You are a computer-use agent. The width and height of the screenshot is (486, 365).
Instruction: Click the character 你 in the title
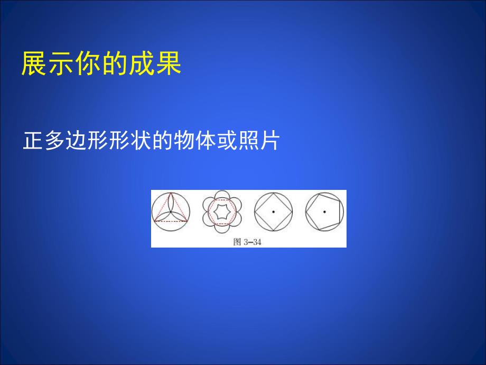87,64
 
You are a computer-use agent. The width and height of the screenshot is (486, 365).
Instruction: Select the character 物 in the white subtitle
183,141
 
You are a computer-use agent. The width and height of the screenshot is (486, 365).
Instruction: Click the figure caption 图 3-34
248,243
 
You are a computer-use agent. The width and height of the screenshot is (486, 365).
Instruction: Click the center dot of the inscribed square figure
273,212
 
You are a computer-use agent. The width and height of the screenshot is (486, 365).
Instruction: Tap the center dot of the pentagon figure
324,212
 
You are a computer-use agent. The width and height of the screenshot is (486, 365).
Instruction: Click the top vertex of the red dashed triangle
170,194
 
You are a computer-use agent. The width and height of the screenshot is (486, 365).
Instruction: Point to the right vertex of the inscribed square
292,212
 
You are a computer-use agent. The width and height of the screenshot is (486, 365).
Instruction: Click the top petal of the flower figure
221,196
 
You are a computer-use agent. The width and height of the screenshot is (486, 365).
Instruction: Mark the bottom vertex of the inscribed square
274,231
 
